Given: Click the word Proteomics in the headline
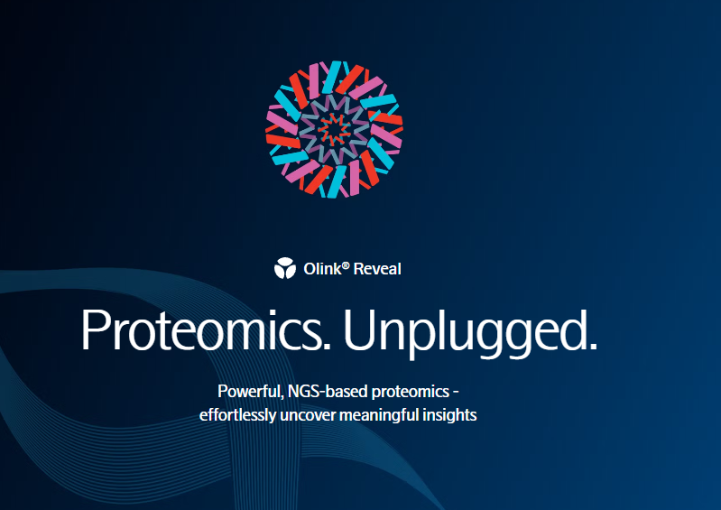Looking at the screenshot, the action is pos(201,329).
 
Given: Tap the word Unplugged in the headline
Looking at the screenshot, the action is pos(465,333).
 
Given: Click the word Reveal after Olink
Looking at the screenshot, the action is pos(377,269).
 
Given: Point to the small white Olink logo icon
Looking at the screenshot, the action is pos(285,268).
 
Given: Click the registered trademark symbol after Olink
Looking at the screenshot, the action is pos(346,265).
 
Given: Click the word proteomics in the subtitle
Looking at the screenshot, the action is pos(411,393).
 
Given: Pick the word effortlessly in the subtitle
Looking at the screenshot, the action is pos(237,415).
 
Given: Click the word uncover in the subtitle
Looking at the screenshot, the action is pos(308,416).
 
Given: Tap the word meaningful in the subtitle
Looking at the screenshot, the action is pos(379,416).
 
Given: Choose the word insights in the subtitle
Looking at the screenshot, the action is pos(449,415).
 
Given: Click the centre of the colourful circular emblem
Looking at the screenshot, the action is pos(334,130).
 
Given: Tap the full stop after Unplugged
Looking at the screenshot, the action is pos(593,348).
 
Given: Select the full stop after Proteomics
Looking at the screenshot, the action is pos(327,348).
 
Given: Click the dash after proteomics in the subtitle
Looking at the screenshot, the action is pos(456,393).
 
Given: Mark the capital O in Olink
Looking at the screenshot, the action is pos(309,269).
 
